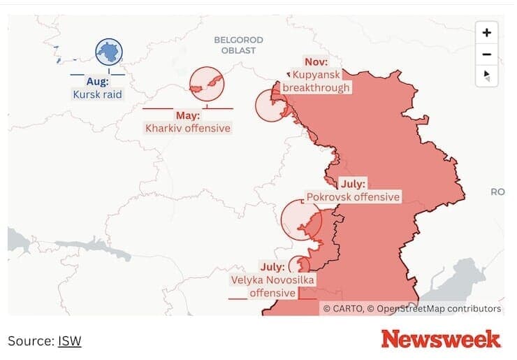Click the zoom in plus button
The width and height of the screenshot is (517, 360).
click(487, 32)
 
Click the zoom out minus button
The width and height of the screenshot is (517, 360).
click(487, 55)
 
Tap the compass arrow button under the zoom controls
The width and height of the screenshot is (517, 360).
click(487, 75)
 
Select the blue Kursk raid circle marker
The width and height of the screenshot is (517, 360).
click(109, 52)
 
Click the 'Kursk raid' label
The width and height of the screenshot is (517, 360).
click(97, 94)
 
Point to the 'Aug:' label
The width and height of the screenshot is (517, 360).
click(97, 82)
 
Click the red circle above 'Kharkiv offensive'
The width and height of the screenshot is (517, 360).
click(206, 84)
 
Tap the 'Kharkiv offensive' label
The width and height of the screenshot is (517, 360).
click(187, 128)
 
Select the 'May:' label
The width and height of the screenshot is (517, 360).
click(187, 115)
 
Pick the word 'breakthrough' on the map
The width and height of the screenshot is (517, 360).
click(321, 87)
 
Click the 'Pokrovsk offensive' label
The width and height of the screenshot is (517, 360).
click(353, 197)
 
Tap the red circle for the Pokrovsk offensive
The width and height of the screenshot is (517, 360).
click(300, 219)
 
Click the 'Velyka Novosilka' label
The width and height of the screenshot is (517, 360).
click(272, 280)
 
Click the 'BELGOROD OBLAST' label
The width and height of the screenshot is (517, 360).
click(234, 45)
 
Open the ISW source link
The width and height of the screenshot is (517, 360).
click(69, 341)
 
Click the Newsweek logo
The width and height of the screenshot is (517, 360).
click(440, 339)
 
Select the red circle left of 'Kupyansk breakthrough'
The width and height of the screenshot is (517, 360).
click(271, 106)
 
